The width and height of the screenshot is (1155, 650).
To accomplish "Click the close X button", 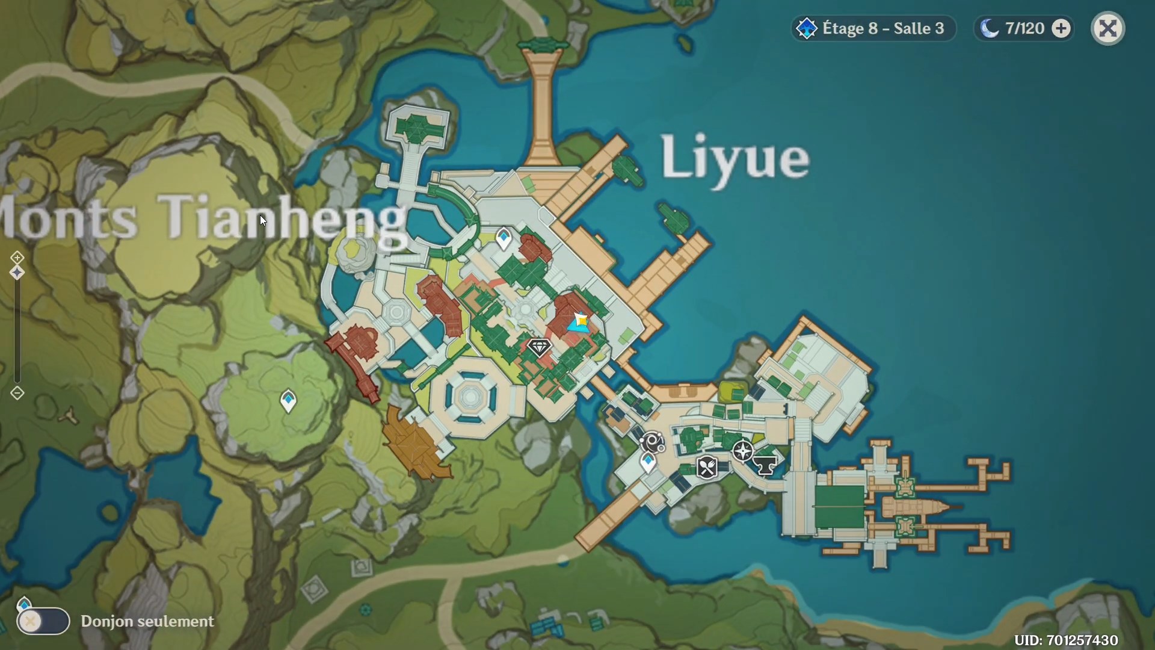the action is point(1107,28).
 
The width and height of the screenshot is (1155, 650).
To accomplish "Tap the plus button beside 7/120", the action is point(1061,28).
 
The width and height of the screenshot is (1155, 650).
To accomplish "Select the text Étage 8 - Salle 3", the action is point(882,28).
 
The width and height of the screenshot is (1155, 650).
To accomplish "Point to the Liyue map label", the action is point(735,158).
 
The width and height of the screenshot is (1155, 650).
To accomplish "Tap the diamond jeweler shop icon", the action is point(539,347).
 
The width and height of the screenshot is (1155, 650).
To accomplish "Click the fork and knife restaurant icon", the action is point(707,467).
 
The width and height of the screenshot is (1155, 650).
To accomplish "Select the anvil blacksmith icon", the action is point(765,465).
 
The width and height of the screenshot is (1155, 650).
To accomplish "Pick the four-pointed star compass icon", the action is point(743,451).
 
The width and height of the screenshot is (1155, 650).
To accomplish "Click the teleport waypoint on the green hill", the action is point(289,400).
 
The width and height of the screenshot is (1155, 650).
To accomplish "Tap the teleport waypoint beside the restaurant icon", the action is point(648,463).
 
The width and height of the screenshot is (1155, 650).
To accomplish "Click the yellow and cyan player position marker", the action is point(579,323).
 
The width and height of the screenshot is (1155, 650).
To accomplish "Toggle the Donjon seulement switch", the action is point(43,621).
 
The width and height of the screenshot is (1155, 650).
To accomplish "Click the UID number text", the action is point(1065,640).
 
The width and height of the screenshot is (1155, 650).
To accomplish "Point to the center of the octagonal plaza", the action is point(470,396).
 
